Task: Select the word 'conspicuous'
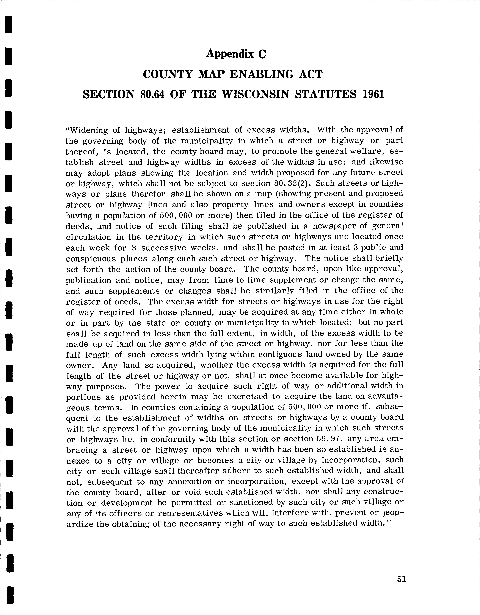(91, 259)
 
